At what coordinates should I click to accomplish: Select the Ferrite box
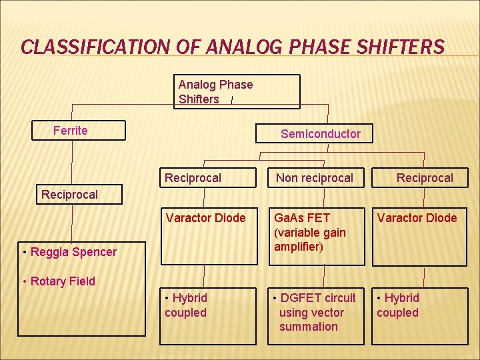tap(79, 130)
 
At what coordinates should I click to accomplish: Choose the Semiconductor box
tap(315, 133)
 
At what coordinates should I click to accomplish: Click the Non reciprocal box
tap(315, 178)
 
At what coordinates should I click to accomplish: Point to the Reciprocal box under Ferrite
tap(70, 194)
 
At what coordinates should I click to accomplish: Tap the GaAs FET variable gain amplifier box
tap(316, 237)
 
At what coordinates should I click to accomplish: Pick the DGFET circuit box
tap(316, 315)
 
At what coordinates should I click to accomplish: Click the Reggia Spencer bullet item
tap(69, 252)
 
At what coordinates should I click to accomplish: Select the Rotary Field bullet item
tap(59, 281)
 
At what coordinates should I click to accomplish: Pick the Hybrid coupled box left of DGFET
tap(208, 315)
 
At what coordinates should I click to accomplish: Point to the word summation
tap(308, 327)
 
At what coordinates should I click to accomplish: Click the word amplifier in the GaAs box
tap(298, 247)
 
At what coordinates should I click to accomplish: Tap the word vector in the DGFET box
tap(327, 313)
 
